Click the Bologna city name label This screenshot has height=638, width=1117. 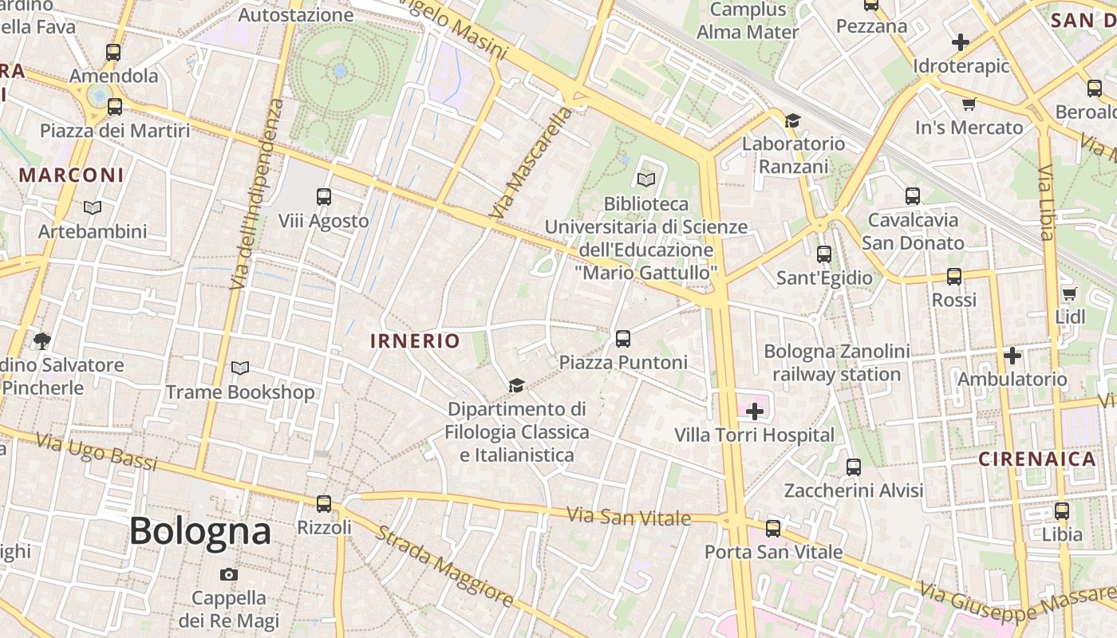tap(200, 531)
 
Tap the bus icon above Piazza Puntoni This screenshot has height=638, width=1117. tap(623, 338)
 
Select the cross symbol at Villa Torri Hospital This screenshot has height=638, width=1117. tap(754, 412)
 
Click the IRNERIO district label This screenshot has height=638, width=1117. tap(415, 341)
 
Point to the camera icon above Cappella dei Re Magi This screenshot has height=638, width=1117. tap(228, 574)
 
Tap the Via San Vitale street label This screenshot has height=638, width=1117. tap(629, 517)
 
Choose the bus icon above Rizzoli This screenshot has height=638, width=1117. tap(323, 504)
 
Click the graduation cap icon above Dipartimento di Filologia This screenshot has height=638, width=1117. tap(516, 386)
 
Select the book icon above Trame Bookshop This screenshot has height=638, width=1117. tap(239, 368)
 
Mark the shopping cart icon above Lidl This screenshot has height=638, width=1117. tap(1069, 293)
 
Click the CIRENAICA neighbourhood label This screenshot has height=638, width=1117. tap(1037, 459)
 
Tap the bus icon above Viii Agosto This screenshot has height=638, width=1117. tap(323, 196)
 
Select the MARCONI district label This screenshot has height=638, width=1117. tap(72, 175)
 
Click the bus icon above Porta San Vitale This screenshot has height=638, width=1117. tap(772, 528)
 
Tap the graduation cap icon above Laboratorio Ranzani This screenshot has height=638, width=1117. tap(791, 120)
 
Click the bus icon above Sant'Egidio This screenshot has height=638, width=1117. tap(824, 254)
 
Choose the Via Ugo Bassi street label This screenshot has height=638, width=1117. tap(97, 451)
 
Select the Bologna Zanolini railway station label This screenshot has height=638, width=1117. tap(836, 363)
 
